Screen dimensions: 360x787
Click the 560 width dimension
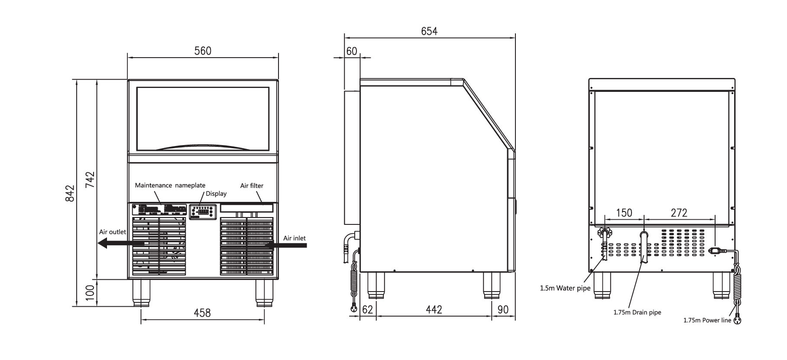pos(202,51)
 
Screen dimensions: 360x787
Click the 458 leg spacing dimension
pos(202,313)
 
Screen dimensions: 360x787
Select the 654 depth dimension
pos(429,31)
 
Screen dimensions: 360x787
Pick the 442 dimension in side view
pos(434,309)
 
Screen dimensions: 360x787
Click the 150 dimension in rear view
pos(624,213)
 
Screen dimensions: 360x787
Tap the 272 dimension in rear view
pos(679,213)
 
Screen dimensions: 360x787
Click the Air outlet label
pos(112,232)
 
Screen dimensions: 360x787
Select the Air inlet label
pos(294,238)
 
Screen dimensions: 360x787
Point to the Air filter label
pos(252,186)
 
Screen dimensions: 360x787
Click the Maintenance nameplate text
pos(170,185)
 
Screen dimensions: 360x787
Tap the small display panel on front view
pos(202,212)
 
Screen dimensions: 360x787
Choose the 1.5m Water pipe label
pos(565,288)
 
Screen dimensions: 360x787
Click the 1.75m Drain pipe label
pos(637,312)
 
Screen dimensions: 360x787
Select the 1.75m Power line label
pos(707,321)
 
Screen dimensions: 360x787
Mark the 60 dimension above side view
pos(352,52)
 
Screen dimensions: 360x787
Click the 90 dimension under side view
pos(503,309)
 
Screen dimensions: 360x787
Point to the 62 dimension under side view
pos(367,309)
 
